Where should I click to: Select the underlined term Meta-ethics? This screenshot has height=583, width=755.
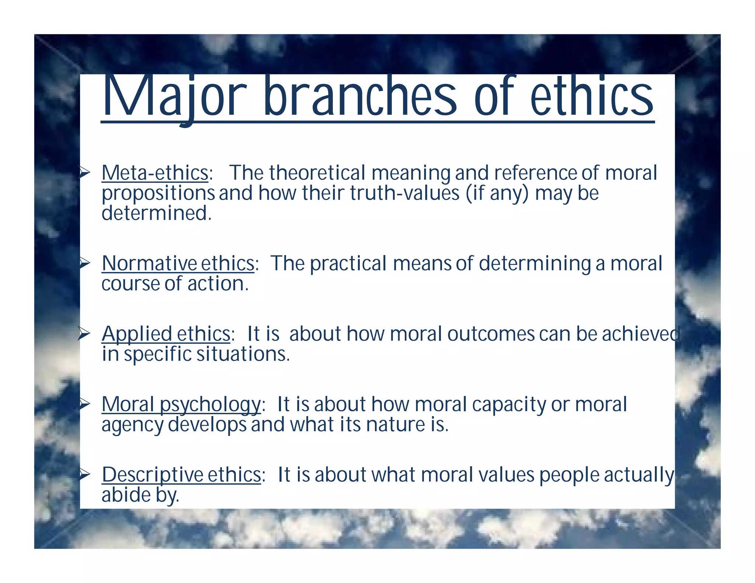click(155, 173)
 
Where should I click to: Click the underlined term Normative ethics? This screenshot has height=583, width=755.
click(178, 263)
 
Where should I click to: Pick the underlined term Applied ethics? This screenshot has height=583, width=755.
click(166, 334)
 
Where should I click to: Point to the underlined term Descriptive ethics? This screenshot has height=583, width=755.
click(181, 475)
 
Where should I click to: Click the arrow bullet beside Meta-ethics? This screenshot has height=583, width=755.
click(84, 173)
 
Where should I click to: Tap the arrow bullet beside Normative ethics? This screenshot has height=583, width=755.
click(84, 263)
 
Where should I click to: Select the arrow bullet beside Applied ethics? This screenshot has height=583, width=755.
click(84, 334)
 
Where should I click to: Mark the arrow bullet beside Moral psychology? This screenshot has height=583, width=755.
click(84, 404)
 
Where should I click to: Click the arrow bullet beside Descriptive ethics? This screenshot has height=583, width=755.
click(84, 475)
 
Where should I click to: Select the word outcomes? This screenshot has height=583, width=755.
click(491, 334)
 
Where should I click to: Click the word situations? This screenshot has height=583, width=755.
click(243, 354)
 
